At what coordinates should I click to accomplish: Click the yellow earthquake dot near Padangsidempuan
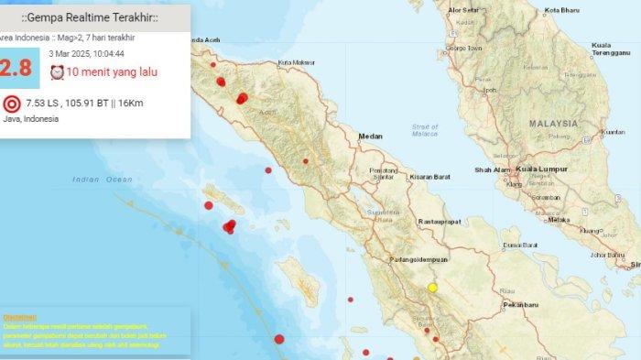click(x=433, y=288)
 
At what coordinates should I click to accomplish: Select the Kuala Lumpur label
click(x=540, y=169)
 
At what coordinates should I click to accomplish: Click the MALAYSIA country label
click(x=552, y=123)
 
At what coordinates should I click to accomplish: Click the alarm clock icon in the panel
click(x=57, y=72)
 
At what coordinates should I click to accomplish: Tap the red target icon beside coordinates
click(x=12, y=104)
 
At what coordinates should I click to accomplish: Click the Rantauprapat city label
click(x=438, y=221)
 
